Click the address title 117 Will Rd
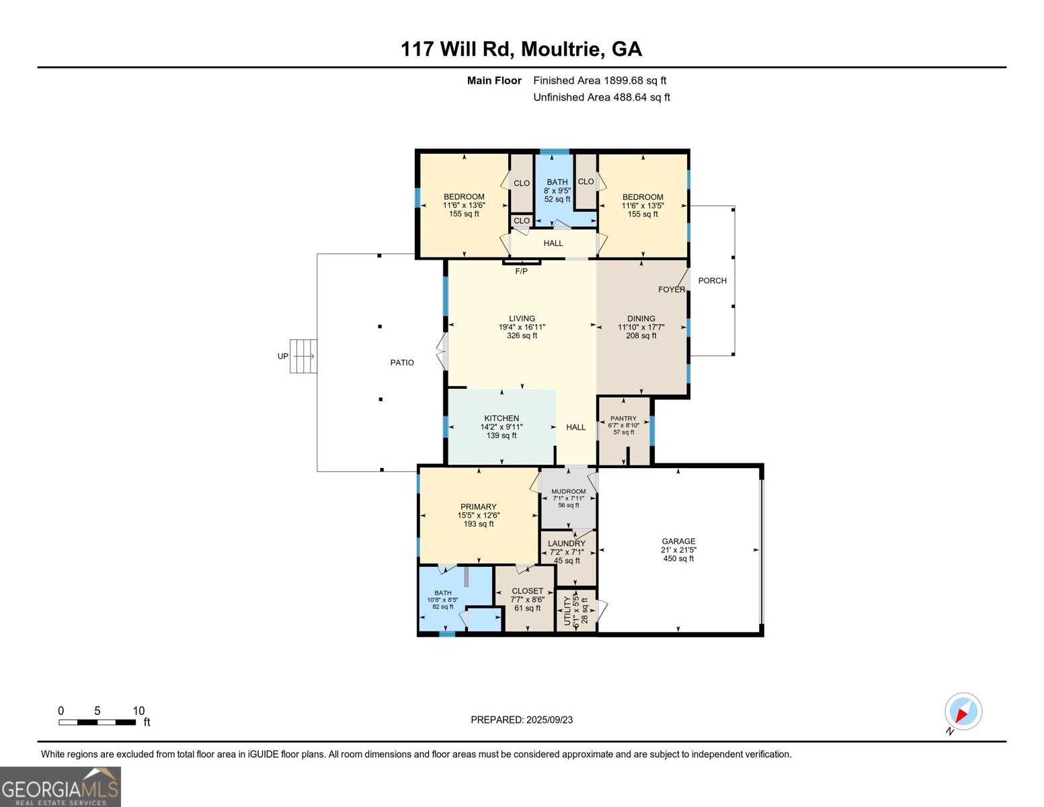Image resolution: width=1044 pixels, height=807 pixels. [521, 49]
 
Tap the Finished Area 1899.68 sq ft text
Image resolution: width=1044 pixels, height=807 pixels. [600, 81]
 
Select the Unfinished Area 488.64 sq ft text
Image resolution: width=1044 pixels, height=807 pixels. [602, 98]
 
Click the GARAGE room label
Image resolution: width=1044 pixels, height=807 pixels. [678, 541]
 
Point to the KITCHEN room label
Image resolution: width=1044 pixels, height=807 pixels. [501, 418]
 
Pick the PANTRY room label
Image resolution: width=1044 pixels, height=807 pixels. [623, 418]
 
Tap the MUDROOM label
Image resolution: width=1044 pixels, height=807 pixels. [569, 492]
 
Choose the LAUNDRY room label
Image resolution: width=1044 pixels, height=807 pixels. [567, 543]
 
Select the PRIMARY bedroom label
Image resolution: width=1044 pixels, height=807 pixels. [479, 507]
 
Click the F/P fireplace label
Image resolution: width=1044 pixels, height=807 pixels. [522, 272]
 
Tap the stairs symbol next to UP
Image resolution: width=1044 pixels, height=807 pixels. [303, 356]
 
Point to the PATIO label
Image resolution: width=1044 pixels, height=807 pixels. [402, 362]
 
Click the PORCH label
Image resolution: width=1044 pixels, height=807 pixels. [712, 280]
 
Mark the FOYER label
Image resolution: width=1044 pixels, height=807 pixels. [671, 290]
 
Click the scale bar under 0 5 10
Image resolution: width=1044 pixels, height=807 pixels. [97, 722]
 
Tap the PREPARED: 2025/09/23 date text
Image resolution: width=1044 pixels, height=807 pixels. [522, 720]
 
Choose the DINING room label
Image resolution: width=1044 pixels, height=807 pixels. [641, 319]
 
